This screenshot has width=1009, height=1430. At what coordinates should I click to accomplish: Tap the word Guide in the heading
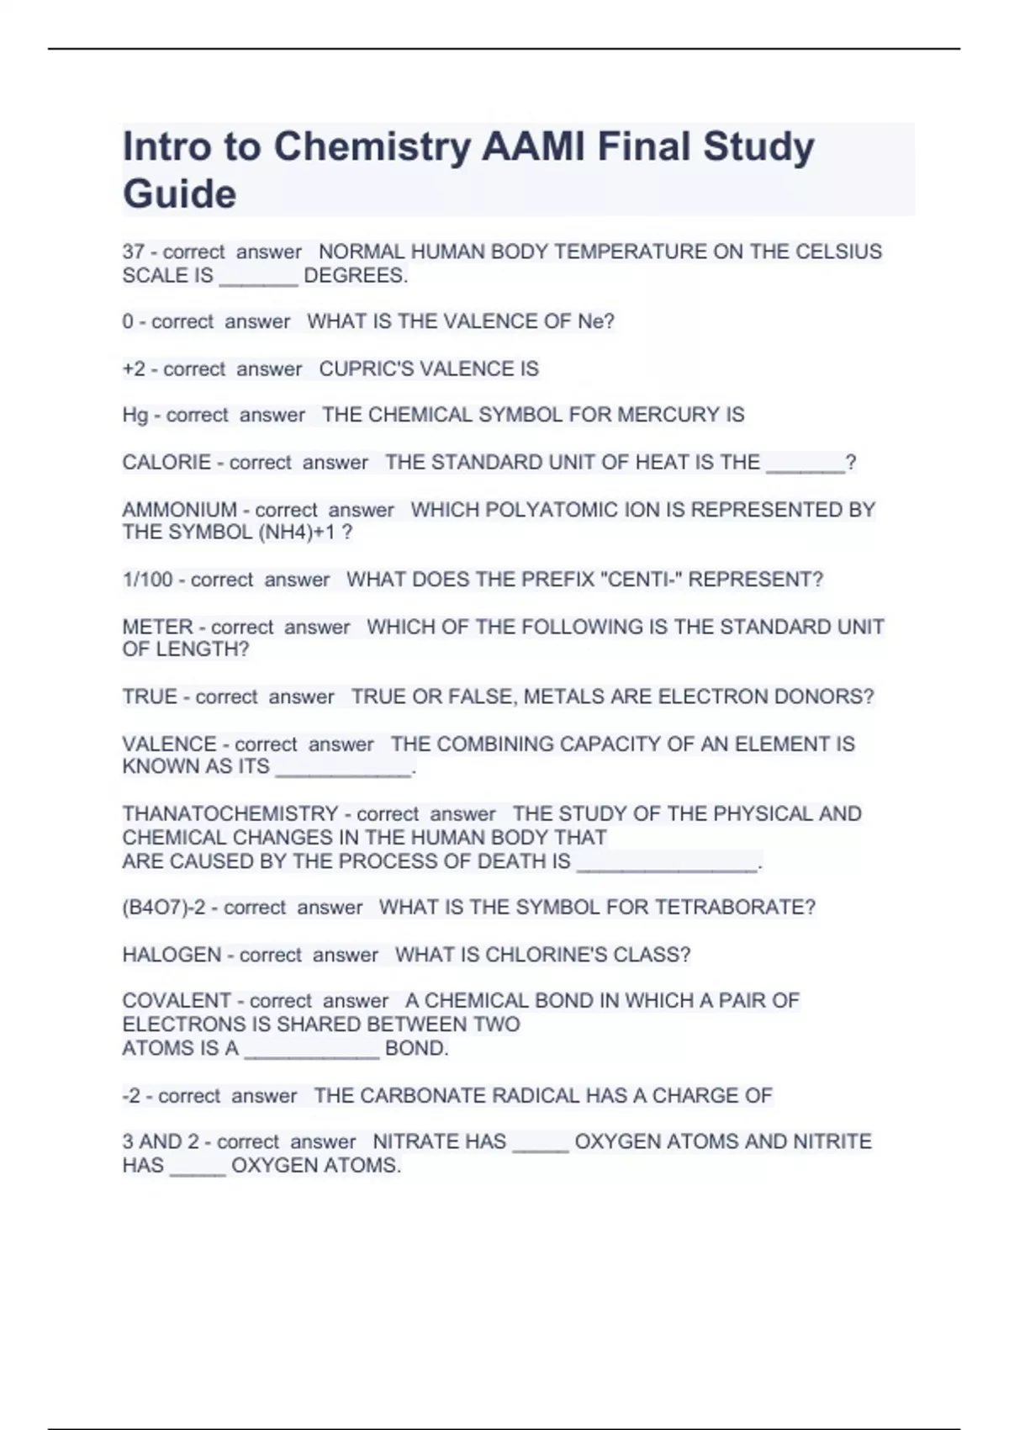[x=179, y=194]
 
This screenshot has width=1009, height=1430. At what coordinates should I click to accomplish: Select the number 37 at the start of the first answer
[x=133, y=252]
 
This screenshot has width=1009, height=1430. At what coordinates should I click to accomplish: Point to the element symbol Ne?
[x=596, y=321]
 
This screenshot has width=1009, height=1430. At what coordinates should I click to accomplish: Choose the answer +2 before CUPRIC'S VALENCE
[x=134, y=369]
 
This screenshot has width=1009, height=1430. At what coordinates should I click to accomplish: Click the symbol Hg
[x=135, y=416]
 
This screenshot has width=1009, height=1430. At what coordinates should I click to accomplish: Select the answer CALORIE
[x=166, y=463]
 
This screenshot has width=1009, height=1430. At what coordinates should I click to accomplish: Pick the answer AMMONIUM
[x=179, y=510]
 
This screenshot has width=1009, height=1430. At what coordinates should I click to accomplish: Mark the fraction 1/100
[x=147, y=580]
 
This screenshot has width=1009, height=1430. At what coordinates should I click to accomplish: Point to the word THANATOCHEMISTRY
[x=230, y=814]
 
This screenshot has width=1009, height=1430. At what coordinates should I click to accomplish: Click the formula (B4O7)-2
[x=164, y=908]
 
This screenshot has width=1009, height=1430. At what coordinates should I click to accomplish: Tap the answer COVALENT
[x=177, y=1001]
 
